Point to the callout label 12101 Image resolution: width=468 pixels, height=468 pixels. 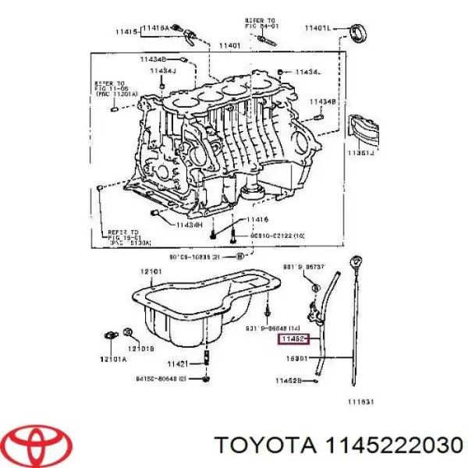click(x=150, y=271)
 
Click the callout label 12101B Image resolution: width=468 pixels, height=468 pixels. click(x=142, y=348)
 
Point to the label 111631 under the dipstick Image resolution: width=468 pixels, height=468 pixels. click(x=360, y=402)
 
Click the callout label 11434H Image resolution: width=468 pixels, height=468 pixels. click(x=188, y=224)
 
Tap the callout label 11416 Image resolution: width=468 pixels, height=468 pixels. click(x=257, y=221)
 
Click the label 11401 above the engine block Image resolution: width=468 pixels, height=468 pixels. click(x=229, y=46)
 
